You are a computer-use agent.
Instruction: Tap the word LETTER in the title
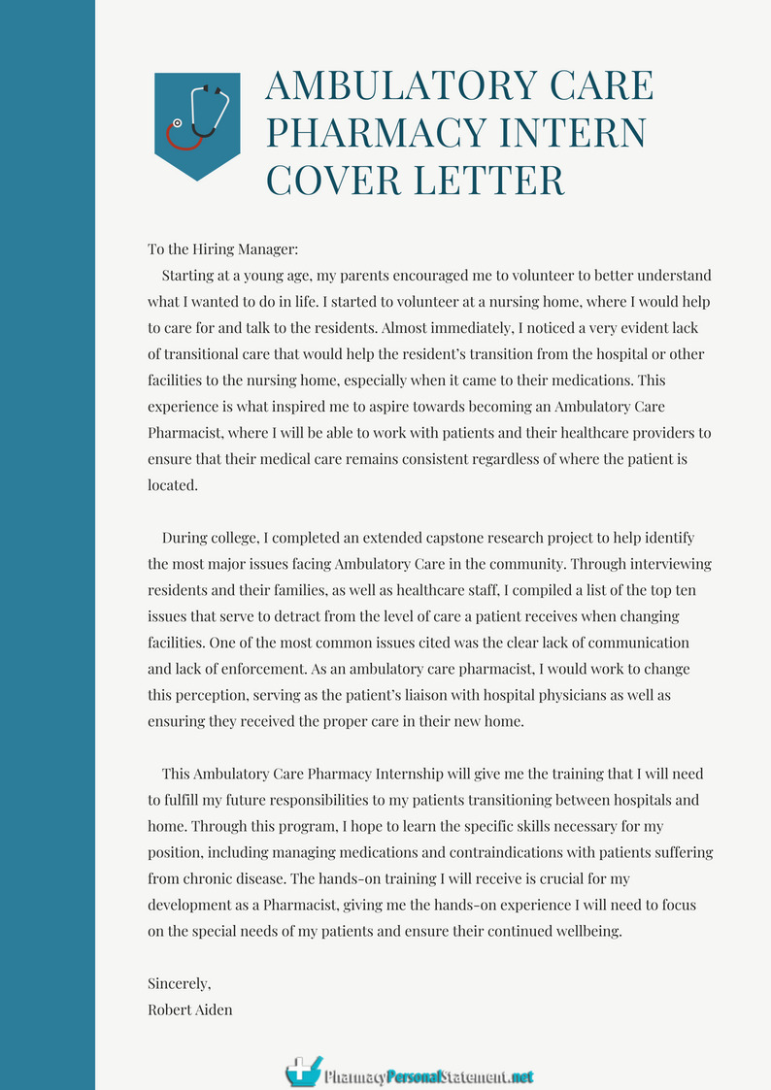point(491,181)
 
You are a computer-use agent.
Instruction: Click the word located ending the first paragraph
point(172,484)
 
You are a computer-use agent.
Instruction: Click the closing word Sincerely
point(179,983)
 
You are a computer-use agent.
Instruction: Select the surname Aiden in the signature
point(212,1009)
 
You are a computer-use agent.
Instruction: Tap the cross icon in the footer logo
point(304,1071)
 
